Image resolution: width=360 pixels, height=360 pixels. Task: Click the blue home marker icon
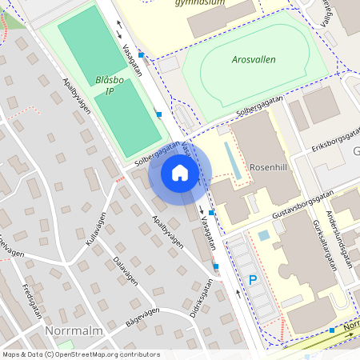click(180, 173)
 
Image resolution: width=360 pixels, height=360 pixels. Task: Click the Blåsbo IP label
click(110, 86)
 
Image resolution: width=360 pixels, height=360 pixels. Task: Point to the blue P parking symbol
click(253, 280)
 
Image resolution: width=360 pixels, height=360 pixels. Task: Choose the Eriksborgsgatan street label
click(337, 139)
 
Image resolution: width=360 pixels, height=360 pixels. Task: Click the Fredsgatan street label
click(32, 300)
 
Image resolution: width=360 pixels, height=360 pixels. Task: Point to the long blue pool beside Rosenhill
click(231, 160)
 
